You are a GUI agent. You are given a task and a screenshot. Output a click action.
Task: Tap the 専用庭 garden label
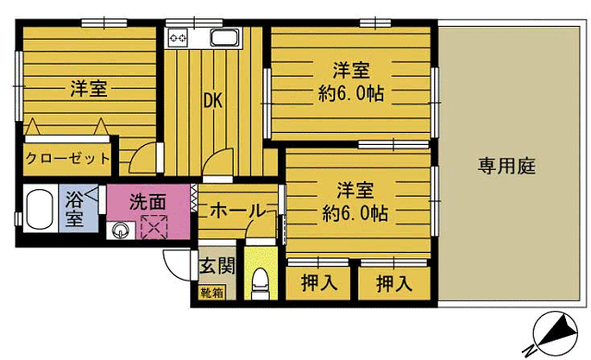[507, 167]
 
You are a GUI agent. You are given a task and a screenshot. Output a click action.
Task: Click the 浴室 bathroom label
[74, 209]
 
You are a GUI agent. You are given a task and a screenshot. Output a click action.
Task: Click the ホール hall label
[237, 210]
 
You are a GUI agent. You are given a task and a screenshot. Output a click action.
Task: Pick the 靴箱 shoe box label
[211, 294]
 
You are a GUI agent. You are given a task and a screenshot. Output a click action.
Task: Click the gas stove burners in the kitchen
[177, 39]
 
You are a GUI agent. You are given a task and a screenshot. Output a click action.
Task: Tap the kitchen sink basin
[223, 39]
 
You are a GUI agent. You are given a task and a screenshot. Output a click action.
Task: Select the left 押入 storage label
[319, 283]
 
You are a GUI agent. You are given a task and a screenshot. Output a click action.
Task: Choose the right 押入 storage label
[393, 283]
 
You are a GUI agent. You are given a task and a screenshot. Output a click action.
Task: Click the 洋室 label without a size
[89, 89]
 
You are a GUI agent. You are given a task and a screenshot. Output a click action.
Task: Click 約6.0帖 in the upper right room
[353, 92]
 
